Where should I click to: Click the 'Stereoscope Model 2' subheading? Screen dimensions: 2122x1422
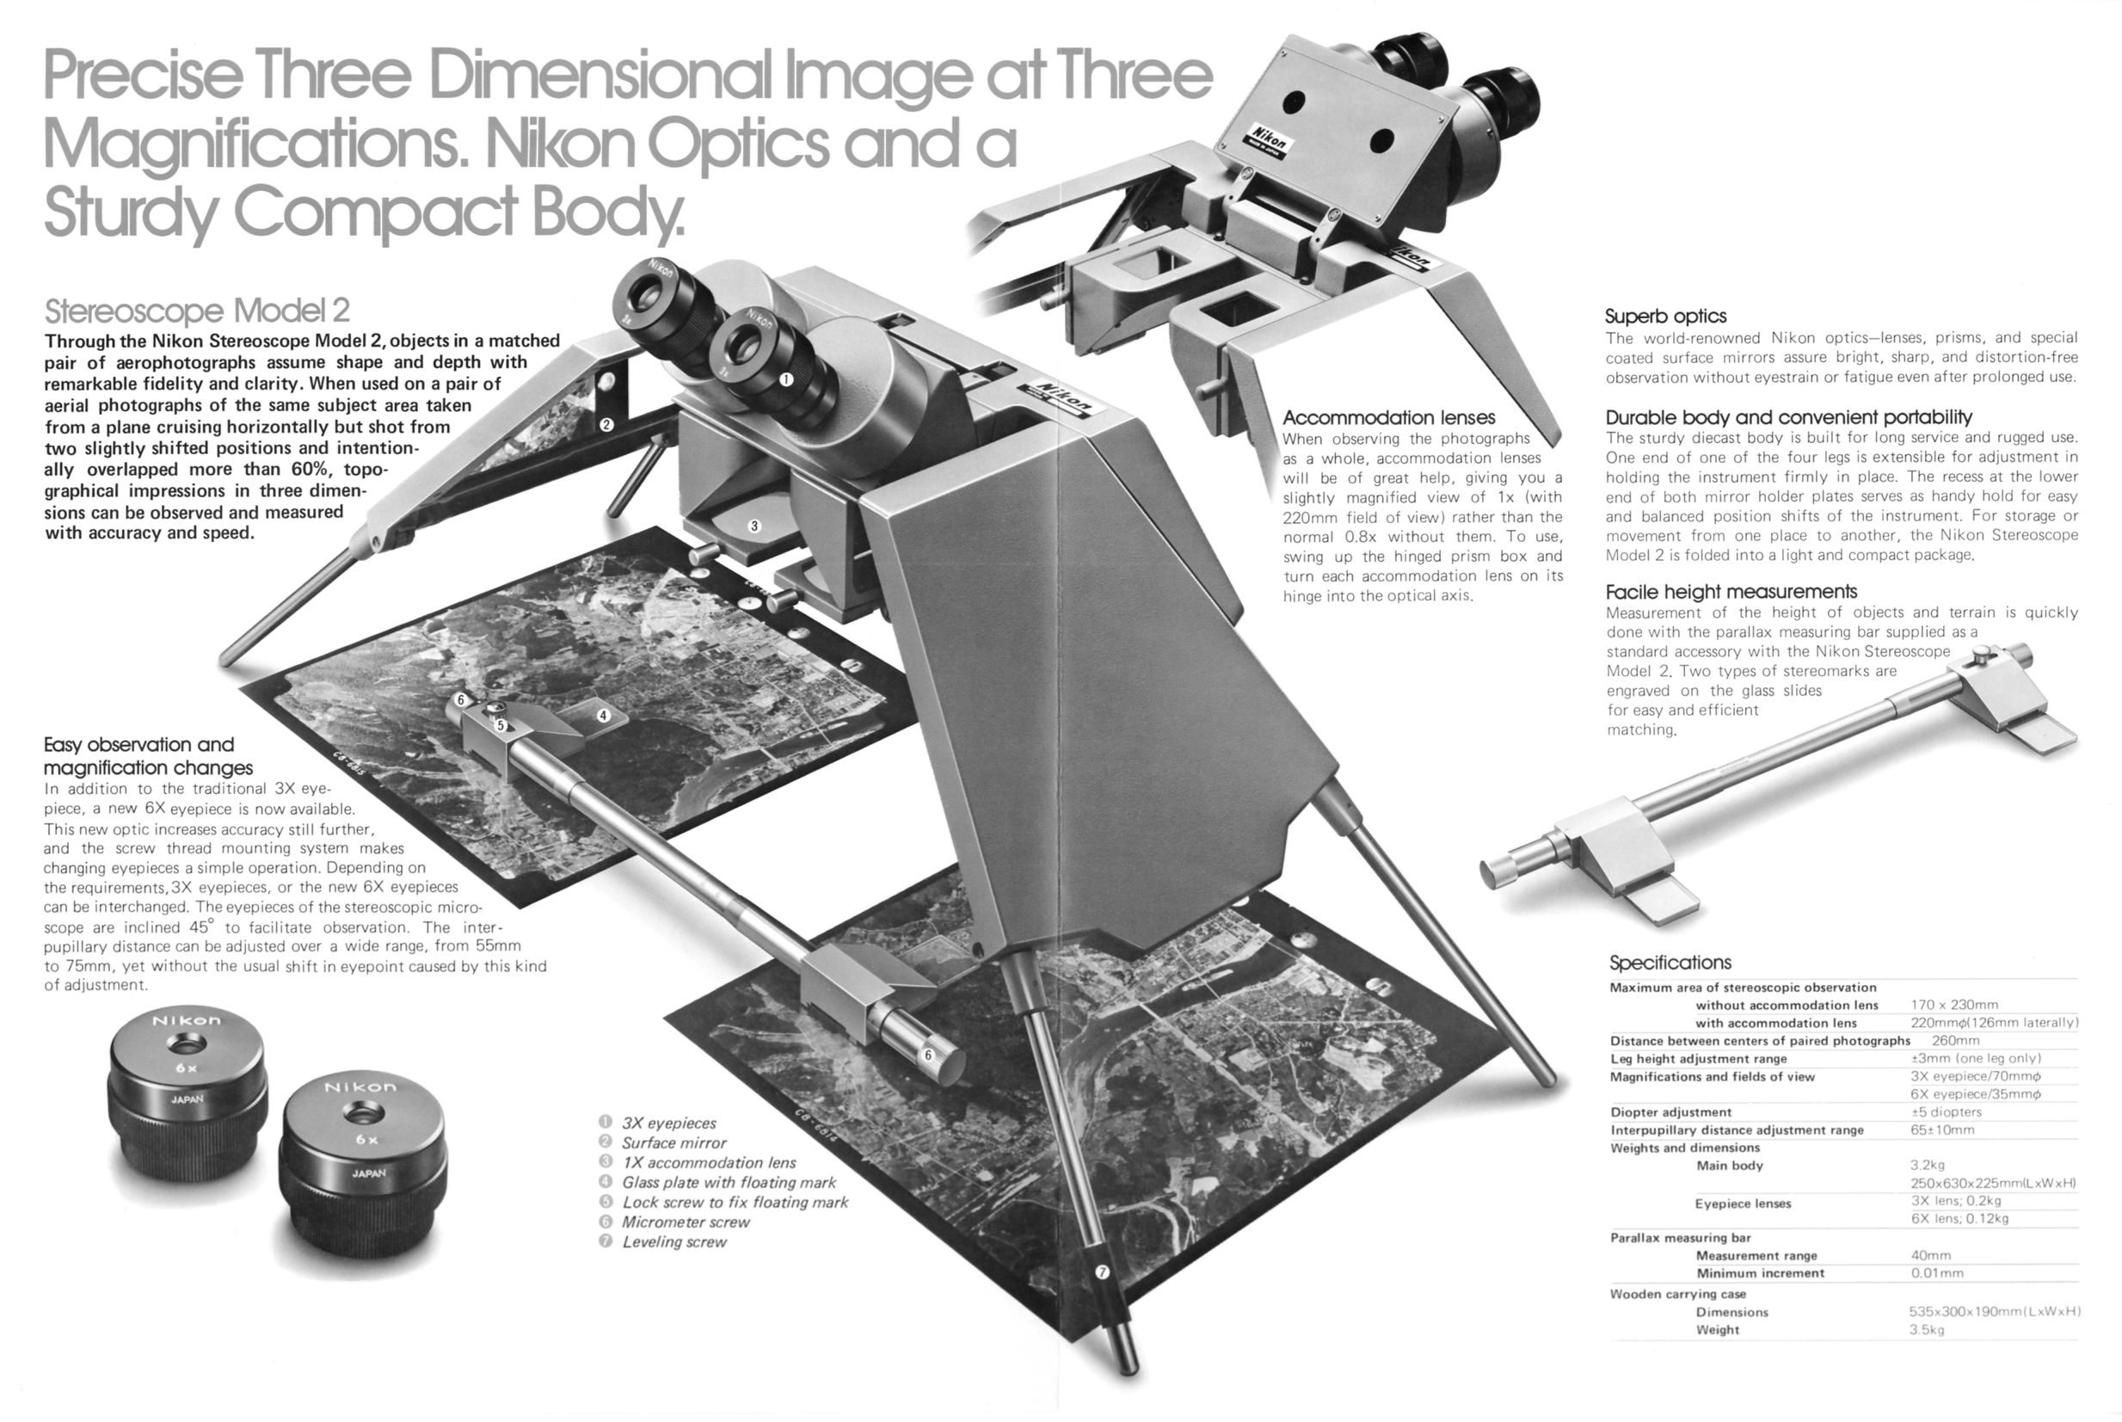(x=197, y=311)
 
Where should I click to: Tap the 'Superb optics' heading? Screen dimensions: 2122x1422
(x=1666, y=317)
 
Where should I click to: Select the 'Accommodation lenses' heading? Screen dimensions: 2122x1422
(x=1388, y=418)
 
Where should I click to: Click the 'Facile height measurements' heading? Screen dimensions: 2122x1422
(x=1731, y=592)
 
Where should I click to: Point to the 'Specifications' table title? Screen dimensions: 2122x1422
(x=1670, y=963)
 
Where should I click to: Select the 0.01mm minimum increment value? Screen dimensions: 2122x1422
(x=1936, y=1273)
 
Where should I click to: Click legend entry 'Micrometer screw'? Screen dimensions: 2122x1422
(x=686, y=1222)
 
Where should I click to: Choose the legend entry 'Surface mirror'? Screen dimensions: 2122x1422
(x=674, y=1143)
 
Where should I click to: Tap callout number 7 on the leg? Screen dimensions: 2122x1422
(x=1102, y=1272)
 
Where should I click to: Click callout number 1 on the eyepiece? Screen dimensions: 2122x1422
(x=786, y=379)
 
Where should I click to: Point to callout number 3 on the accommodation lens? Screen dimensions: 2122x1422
(x=753, y=526)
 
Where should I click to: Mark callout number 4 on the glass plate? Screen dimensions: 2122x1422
(x=602, y=716)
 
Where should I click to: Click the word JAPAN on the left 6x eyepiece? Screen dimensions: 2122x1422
(x=188, y=1099)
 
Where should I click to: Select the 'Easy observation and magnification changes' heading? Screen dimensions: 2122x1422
(x=148, y=756)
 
